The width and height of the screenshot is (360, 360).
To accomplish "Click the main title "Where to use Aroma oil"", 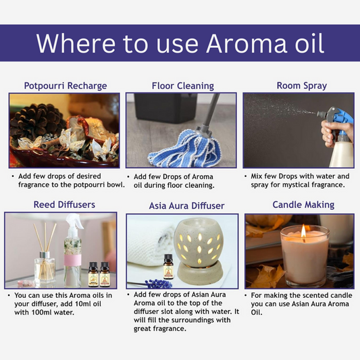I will point(180,43).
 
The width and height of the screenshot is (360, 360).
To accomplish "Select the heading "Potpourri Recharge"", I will point(66,86).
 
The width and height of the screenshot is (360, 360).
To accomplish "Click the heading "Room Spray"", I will point(301,86).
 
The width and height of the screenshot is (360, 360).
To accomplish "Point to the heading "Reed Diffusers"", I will point(65,205).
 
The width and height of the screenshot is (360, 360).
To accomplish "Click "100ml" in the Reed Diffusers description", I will point(36,313).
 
